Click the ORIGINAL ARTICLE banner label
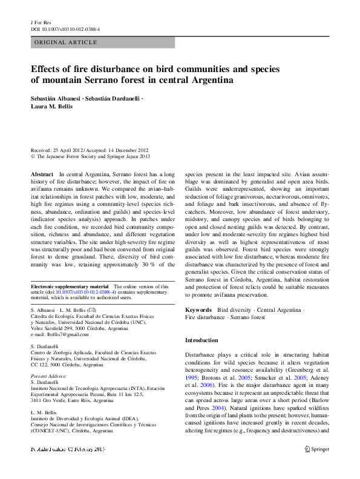click(65, 42)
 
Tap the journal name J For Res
click(41, 22)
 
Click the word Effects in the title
click(47, 69)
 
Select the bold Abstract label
click(42, 174)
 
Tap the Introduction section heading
click(201, 340)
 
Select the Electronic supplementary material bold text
click(70, 286)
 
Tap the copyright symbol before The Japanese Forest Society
click(33, 156)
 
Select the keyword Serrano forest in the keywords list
click(246, 317)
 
